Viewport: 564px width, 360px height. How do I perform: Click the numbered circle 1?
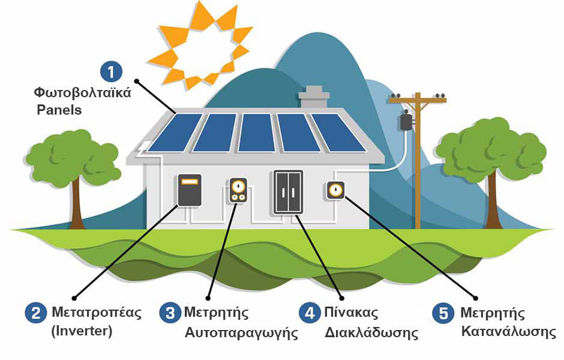(111, 71)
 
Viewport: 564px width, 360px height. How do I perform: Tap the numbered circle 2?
(36, 313)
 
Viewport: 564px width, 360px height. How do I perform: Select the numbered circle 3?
(170, 313)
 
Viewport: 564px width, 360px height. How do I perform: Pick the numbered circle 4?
(310, 313)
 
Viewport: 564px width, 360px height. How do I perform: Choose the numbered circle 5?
(443, 313)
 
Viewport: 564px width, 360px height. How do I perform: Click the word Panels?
(59, 110)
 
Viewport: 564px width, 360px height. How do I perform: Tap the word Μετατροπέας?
(97, 312)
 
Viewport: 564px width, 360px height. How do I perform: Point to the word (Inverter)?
(82, 331)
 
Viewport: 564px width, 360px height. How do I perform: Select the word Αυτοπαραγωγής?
(241, 332)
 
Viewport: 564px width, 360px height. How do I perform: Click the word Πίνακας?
(351, 312)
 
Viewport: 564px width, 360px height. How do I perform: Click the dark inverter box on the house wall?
(190, 190)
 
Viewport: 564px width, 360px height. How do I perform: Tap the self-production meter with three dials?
(238, 190)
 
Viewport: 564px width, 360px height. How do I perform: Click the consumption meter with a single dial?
(335, 190)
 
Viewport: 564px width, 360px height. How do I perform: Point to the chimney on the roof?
(314, 97)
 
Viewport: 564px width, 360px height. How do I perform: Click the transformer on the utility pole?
(406, 122)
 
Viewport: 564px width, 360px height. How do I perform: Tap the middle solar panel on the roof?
(257, 133)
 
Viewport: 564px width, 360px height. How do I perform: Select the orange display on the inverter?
(190, 181)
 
